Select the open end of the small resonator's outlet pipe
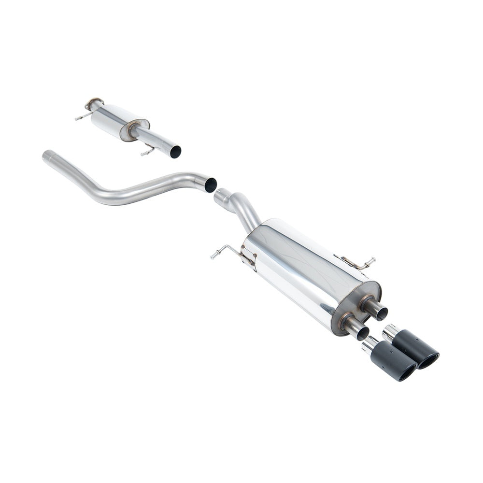(x=175, y=151)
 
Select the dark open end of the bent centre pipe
(x=210, y=185)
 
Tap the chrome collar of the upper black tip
(x=390, y=333)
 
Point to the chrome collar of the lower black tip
(x=369, y=345)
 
